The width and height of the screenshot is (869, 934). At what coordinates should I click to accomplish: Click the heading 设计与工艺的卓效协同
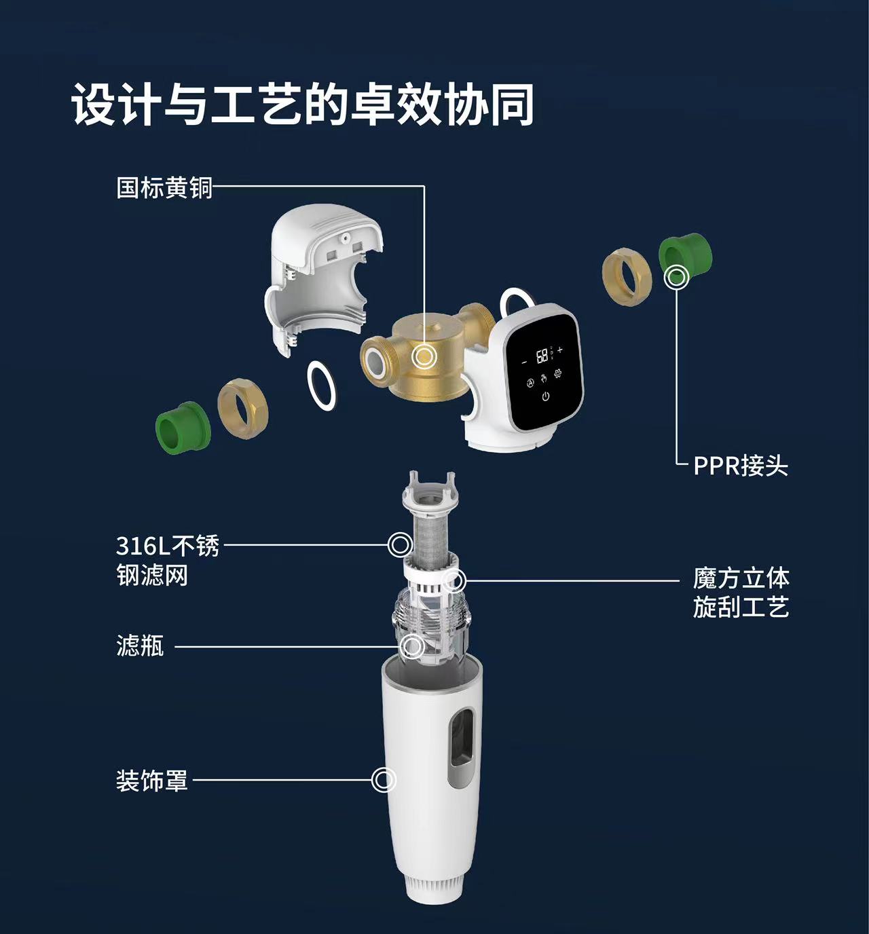pyautogui.click(x=303, y=104)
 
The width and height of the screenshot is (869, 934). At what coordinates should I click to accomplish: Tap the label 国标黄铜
pyautogui.click(x=164, y=187)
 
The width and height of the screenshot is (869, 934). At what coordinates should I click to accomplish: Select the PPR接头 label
pyautogui.click(x=741, y=466)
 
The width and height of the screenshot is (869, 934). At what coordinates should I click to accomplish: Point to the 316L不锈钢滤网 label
pyautogui.click(x=168, y=560)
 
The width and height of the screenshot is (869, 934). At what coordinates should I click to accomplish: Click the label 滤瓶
pyautogui.click(x=140, y=646)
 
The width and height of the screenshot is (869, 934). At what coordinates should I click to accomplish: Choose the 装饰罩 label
pyautogui.click(x=151, y=781)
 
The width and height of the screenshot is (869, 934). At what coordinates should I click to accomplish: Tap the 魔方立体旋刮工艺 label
pyautogui.click(x=741, y=593)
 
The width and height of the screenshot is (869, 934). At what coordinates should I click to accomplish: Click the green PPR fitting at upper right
pyautogui.click(x=685, y=259)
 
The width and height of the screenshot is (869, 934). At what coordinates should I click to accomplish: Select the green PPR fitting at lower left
pyautogui.click(x=183, y=428)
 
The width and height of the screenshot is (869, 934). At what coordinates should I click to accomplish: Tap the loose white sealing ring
pyautogui.click(x=322, y=385)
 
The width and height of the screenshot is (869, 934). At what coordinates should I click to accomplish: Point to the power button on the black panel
pyautogui.click(x=545, y=396)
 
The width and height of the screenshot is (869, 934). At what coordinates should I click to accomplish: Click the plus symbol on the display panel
pyautogui.click(x=560, y=350)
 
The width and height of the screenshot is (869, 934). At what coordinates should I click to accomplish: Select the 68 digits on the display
pyautogui.click(x=542, y=356)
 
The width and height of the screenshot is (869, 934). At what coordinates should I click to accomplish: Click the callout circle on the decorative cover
pyautogui.click(x=384, y=780)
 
